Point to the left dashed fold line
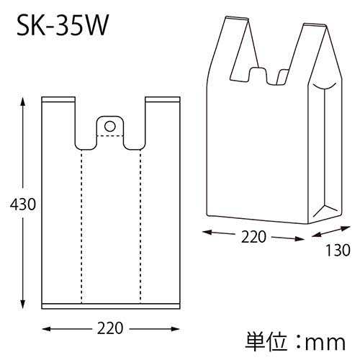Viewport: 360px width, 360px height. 81,223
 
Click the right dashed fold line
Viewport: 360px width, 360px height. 140,223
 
